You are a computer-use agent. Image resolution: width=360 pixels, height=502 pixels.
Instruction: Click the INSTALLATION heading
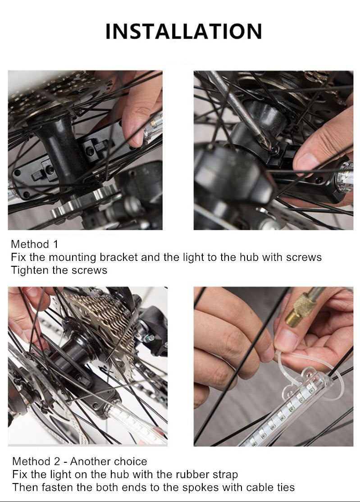184,32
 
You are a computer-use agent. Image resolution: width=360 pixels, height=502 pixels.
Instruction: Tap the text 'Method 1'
35,244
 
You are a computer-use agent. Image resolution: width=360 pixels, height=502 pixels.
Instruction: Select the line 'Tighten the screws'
59,270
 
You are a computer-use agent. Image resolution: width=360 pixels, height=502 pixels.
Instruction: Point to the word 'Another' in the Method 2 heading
91,461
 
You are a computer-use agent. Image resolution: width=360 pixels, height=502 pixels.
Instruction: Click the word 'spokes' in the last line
201,487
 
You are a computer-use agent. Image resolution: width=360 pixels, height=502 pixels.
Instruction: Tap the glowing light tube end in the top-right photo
345,176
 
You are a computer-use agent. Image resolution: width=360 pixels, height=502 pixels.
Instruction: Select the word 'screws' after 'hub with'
304,257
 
